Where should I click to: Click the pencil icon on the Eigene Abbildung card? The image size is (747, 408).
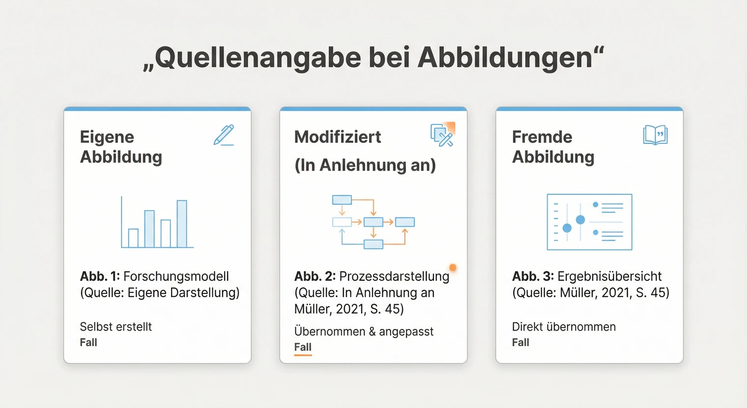point(224,135)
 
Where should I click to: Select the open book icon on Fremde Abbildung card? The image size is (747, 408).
point(655,135)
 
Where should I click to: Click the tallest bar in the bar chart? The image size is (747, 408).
point(182,223)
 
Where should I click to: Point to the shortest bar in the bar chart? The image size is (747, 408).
point(133,238)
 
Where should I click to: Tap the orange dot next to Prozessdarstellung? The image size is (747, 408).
point(453,268)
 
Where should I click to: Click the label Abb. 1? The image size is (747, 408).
point(100,276)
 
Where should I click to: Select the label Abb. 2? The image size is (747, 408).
point(315,276)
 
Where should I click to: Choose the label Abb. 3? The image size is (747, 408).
point(533,276)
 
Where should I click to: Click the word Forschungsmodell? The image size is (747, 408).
point(176,276)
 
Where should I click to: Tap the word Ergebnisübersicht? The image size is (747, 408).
point(609,276)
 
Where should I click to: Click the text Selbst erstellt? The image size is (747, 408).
point(115,327)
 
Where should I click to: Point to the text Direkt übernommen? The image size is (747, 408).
point(564,327)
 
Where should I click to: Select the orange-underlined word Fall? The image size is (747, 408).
point(303,347)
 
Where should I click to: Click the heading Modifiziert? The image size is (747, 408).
point(338,137)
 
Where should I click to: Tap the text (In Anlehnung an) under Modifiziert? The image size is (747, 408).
point(365,165)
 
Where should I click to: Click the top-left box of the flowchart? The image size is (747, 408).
point(342,200)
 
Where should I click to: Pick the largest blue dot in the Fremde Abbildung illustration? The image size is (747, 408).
point(580,220)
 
